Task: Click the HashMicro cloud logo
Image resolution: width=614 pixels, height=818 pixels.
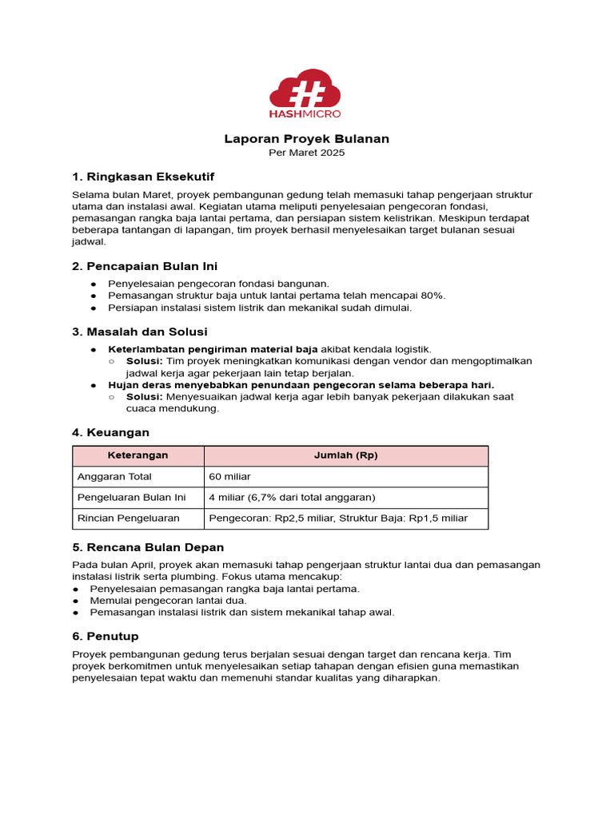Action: coord(306,91)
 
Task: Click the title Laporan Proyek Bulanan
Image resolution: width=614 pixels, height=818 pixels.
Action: coord(306,139)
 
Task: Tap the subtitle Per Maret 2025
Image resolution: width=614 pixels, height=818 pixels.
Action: coord(306,153)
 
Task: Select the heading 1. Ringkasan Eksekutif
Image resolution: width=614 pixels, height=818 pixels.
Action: coord(143,177)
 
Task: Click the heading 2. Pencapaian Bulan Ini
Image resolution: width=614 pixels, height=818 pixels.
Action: coord(145,266)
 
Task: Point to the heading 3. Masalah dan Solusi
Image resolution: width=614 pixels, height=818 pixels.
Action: coord(140,332)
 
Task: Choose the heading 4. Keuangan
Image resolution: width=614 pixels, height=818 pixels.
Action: coord(110,432)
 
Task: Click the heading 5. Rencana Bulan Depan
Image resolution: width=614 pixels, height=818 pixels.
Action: coord(148,547)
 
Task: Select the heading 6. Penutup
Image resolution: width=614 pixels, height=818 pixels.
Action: coord(106,636)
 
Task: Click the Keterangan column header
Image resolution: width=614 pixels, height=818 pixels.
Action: coord(138,455)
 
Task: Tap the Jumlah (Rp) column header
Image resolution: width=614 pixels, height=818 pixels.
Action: coord(346,455)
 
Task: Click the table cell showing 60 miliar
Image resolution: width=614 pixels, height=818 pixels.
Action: coord(230,477)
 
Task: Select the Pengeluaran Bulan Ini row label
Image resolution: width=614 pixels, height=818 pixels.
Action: coord(131,497)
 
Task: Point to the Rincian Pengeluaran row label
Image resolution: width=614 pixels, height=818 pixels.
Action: coord(129,518)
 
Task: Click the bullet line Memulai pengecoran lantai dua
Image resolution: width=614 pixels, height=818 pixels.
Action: coord(169,601)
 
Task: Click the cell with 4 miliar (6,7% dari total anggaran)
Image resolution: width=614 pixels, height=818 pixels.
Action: coord(292,497)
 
